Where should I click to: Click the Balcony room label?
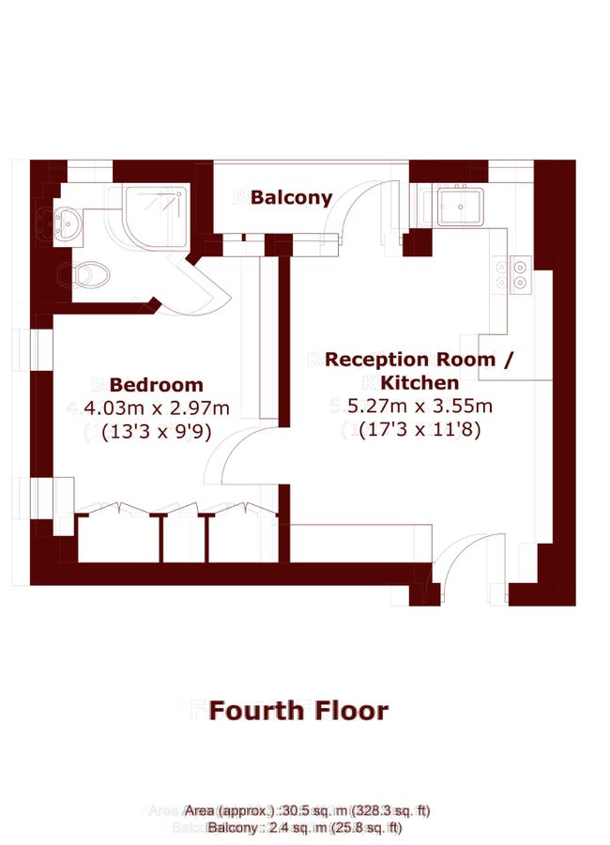[x=291, y=198]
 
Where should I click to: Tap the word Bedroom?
[x=156, y=385]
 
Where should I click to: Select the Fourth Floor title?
[x=297, y=711]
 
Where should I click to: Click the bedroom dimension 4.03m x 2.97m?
[x=157, y=407]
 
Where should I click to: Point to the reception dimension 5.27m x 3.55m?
[x=419, y=407]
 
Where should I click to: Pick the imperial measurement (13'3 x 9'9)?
[x=157, y=431]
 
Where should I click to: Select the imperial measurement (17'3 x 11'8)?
[x=419, y=430]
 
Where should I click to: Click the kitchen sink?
[x=460, y=207]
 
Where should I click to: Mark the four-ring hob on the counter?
[x=520, y=274]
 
